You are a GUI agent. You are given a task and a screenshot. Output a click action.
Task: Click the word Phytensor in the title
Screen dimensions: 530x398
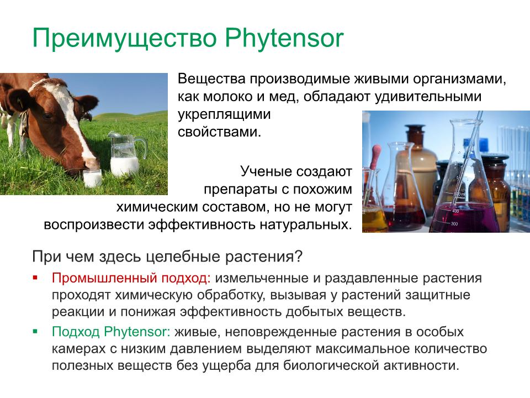(284, 38)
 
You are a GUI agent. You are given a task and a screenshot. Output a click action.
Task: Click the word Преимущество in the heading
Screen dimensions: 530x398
(124, 39)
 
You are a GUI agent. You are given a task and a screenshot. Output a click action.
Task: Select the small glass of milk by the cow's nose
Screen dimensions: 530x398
(92, 177)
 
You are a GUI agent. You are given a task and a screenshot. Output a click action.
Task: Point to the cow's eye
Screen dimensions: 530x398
(47, 115)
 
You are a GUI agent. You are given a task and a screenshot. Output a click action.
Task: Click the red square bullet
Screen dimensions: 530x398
(35, 278)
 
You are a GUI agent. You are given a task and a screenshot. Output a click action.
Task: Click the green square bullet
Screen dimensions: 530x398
(35, 332)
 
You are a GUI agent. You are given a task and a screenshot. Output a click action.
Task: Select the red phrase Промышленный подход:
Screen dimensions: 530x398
(131, 278)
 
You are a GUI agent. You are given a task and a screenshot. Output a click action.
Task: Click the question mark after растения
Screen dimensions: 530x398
(298, 256)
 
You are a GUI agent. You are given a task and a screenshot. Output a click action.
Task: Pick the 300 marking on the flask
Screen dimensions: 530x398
(454, 224)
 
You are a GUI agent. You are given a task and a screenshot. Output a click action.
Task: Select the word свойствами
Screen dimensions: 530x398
(219, 132)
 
